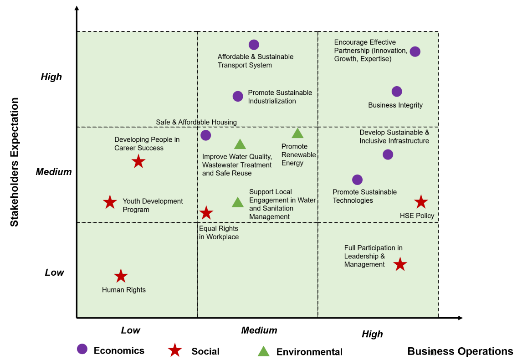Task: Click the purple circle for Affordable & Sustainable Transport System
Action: point(254,45)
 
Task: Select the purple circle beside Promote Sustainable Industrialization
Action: point(238,96)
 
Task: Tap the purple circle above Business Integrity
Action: point(397,91)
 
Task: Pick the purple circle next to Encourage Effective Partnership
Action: point(415,51)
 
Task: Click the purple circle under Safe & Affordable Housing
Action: point(205,135)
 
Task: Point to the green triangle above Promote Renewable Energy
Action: point(297,134)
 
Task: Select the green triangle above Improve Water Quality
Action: point(240,144)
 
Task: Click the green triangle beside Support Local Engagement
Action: point(238,202)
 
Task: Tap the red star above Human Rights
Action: point(121,276)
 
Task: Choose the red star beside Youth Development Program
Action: point(110,202)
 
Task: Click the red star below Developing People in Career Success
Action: point(138,161)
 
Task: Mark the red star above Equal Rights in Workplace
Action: point(206,212)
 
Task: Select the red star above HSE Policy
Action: point(421,201)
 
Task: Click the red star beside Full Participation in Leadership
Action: point(400,264)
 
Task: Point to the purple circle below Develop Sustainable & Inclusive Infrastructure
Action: point(388,154)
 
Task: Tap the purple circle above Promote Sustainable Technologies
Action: point(357,180)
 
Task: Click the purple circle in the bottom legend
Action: point(82,349)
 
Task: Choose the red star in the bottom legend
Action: point(175,350)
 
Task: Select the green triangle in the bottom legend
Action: point(263,351)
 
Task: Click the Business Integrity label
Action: point(395,105)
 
